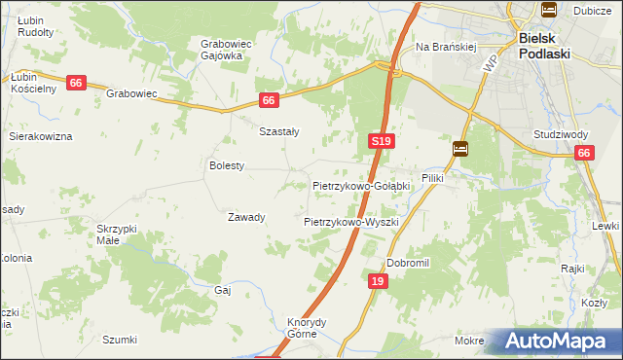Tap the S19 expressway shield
click(x=382, y=142)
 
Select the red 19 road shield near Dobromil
click(x=380, y=281)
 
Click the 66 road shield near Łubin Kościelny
click(x=76, y=84)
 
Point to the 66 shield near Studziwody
click(x=584, y=153)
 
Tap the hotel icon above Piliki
click(x=459, y=149)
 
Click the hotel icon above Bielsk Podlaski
click(x=548, y=11)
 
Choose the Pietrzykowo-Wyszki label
click(x=351, y=222)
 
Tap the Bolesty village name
click(x=227, y=166)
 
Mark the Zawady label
click(x=246, y=217)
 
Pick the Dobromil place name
click(x=408, y=263)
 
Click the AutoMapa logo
click(x=561, y=342)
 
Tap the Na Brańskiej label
click(x=445, y=47)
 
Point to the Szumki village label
click(x=120, y=340)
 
